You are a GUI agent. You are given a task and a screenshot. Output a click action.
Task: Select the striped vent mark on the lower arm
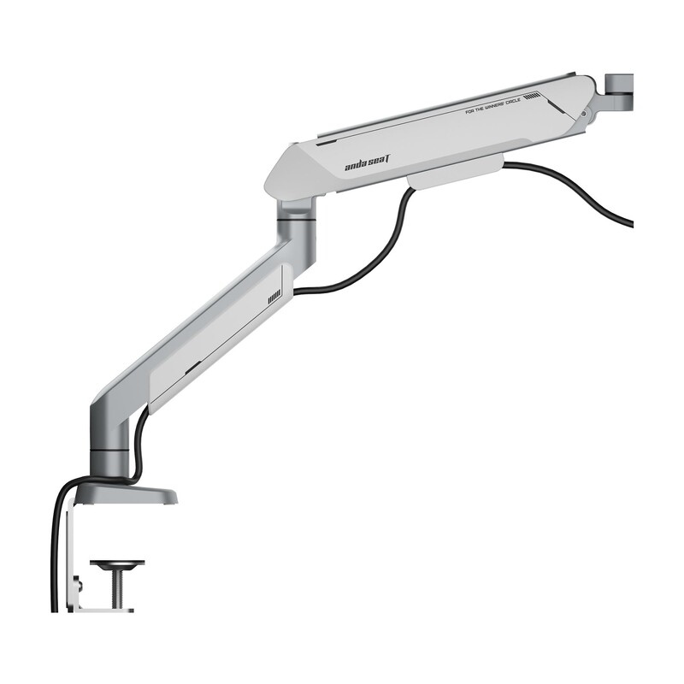click(274, 298)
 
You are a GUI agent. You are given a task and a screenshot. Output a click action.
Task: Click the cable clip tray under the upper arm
click(453, 177)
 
